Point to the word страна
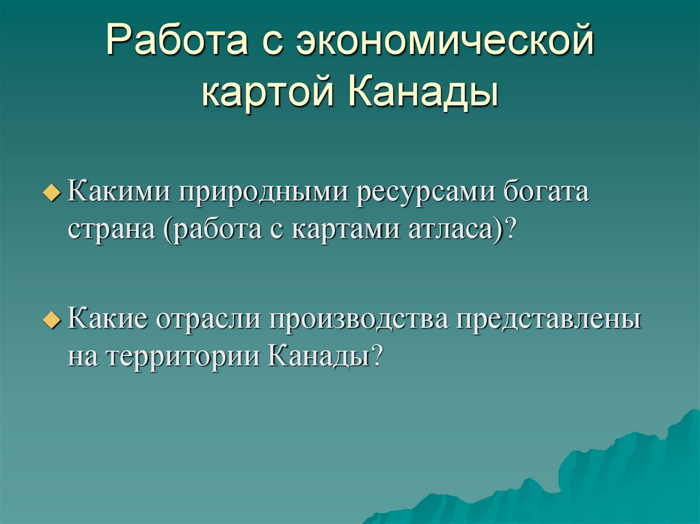pyautogui.click(x=110, y=230)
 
